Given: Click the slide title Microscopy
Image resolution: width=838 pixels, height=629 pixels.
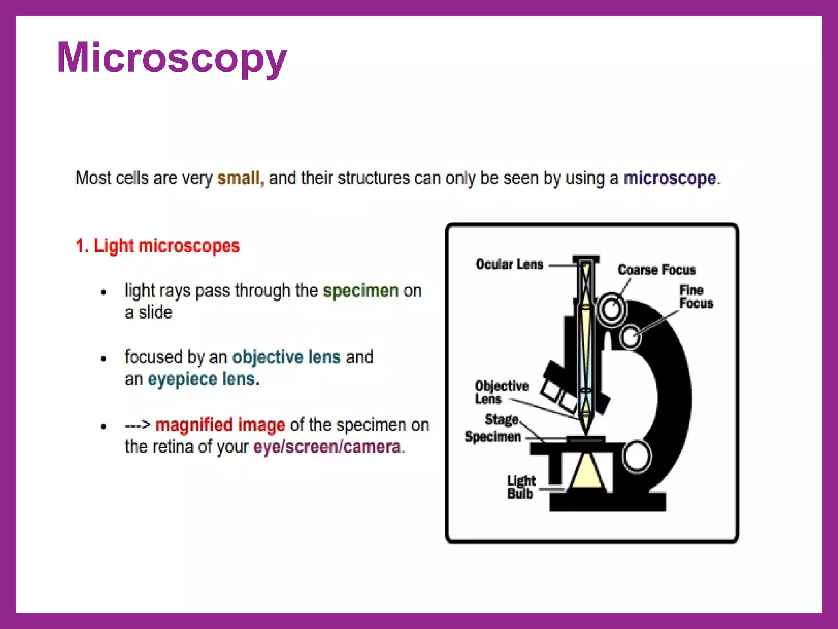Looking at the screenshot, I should pyautogui.click(x=172, y=58).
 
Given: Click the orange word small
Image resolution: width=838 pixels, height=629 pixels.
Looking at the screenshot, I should pyautogui.click(x=240, y=179).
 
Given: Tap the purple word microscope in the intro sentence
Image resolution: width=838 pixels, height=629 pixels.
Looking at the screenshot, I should pyautogui.click(x=669, y=179).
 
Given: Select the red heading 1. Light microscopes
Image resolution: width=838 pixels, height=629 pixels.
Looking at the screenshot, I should pyautogui.click(x=158, y=246).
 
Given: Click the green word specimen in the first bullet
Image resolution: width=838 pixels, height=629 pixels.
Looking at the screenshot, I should pyautogui.click(x=360, y=291).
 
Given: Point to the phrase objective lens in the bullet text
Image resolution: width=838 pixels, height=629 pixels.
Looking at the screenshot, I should pyautogui.click(x=286, y=357).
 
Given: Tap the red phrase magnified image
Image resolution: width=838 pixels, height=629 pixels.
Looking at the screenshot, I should pyautogui.click(x=220, y=425).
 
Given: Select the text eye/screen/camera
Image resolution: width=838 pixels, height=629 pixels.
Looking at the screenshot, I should pyautogui.click(x=327, y=447).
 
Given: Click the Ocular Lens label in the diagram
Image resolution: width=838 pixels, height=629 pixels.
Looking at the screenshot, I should pyautogui.click(x=509, y=265).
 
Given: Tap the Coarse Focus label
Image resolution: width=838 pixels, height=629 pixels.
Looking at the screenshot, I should pyautogui.click(x=656, y=270).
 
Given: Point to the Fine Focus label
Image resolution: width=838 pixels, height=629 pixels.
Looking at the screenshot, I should pyautogui.click(x=696, y=297).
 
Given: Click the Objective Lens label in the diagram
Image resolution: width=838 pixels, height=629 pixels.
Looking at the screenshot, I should pyautogui.click(x=501, y=392).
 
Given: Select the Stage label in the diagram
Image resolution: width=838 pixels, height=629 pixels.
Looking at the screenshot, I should pyautogui.click(x=501, y=420).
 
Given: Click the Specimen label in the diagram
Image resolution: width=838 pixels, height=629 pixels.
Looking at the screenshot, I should pyautogui.click(x=493, y=437).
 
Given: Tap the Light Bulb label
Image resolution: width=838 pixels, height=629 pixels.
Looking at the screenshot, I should pyautogui.click(x=520, y=487).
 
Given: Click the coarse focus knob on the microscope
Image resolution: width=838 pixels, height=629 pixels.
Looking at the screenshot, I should pyautogui.click(x=611, y=309).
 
